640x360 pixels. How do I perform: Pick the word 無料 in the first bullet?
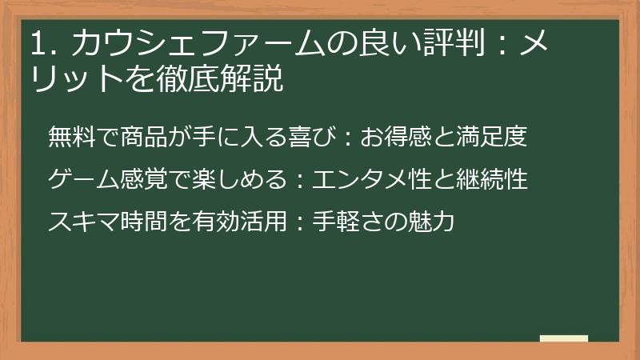coord(72,137)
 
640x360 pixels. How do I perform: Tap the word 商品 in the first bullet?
coord(146,137)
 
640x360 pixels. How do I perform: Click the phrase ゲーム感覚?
coord(98,179)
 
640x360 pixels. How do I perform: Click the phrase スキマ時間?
coord(97,221)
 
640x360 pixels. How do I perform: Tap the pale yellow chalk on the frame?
coord(564,338)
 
